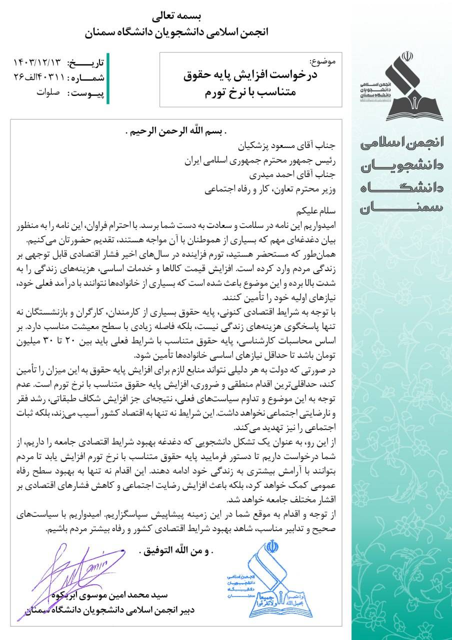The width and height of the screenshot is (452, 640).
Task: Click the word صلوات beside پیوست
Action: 48,93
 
